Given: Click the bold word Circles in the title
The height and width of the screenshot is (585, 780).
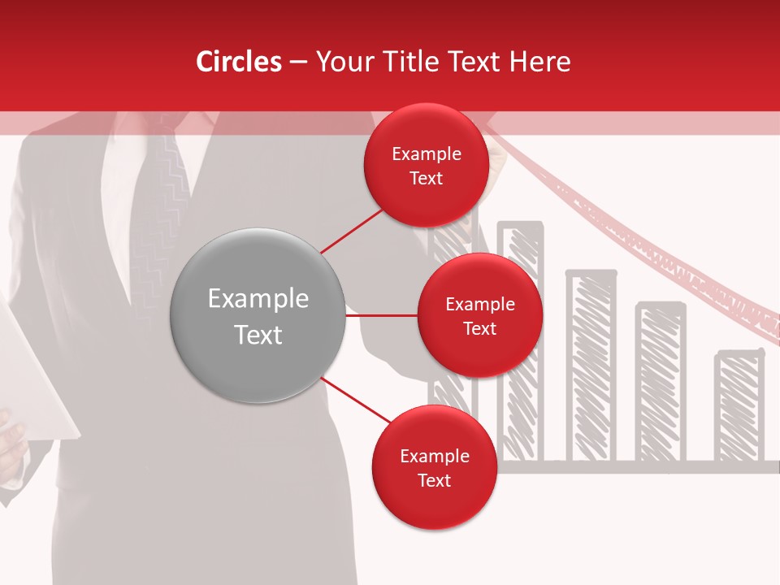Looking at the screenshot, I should click(239, 62).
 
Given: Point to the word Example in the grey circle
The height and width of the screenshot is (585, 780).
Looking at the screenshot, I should click(258, 299).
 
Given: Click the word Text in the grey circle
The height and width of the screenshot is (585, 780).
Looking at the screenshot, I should click(258, 335).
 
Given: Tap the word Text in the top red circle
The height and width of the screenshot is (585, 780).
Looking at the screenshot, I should click(426, 179).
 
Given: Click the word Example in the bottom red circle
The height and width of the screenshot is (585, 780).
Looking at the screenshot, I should click(434, 457).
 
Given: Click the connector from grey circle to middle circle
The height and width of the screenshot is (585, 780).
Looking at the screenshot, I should click(381, 315).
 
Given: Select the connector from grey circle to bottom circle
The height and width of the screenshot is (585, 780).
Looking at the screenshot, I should click(356, 401).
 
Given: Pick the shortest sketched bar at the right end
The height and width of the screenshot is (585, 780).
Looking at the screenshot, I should click(739, 406).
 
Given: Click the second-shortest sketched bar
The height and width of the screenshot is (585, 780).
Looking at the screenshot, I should click(660, 382).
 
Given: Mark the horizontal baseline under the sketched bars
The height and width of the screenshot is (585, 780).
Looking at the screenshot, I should click(634, 466).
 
